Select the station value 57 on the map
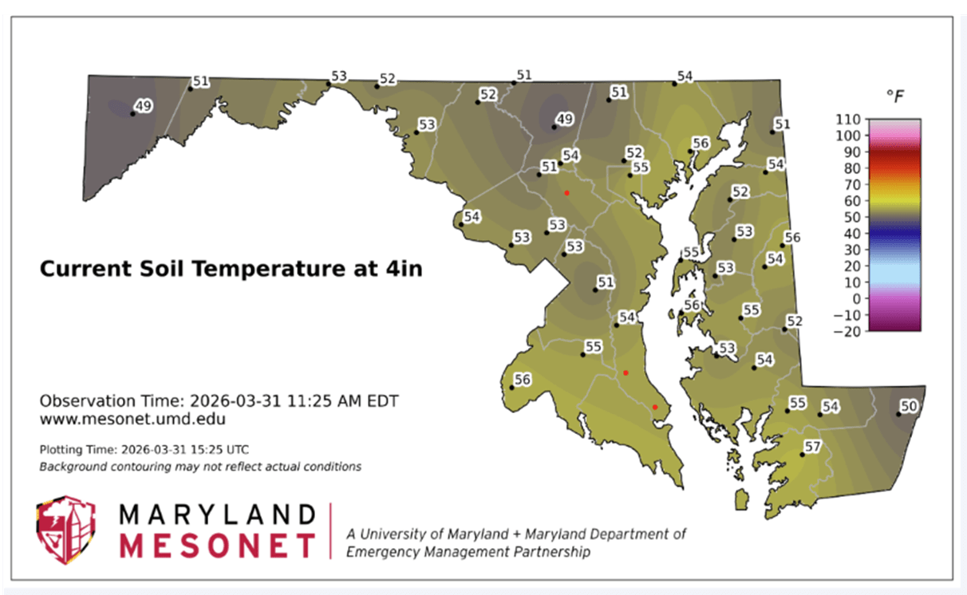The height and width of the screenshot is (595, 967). coord(812,447)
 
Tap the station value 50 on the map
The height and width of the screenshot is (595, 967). coord(909,407)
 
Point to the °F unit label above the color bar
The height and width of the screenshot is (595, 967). coord(895,97)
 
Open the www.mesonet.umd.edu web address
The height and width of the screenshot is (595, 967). coord(133,417)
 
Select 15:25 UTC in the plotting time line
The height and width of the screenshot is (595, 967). coord(223,450)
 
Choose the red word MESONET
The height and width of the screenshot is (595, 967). coord(217,546)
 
